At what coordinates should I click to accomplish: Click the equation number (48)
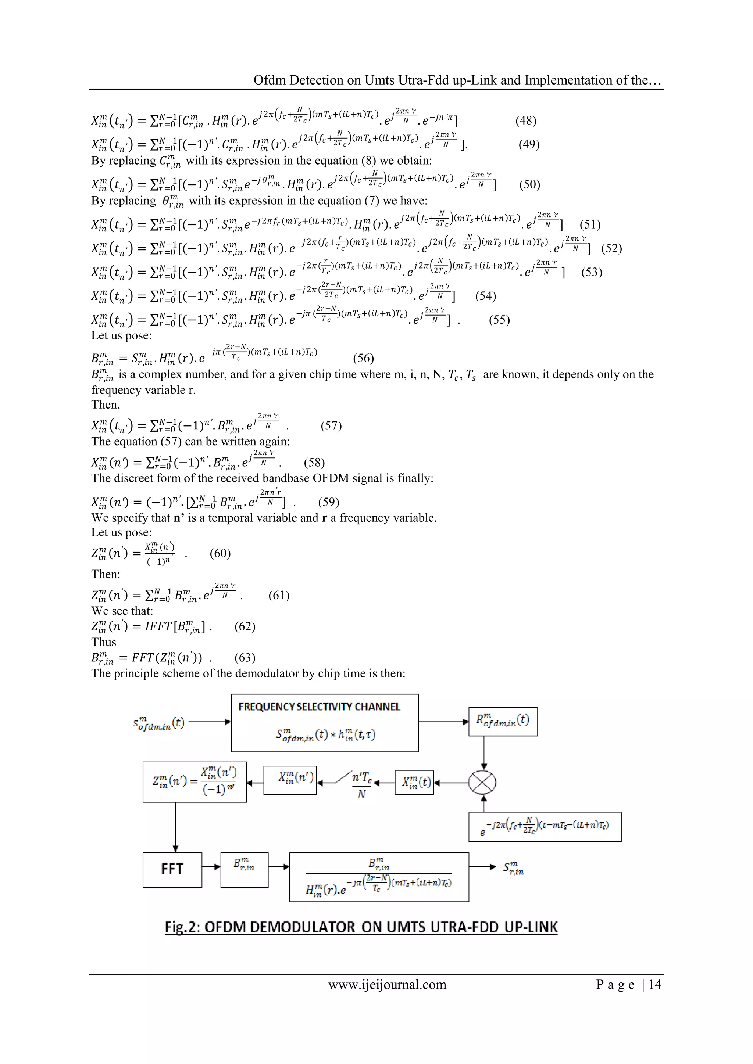(x=526, y=121)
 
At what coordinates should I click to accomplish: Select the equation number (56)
(x=364, y=358)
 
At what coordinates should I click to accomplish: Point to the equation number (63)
(x=245, y=658)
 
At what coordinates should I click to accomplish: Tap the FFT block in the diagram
(x=172, y=869)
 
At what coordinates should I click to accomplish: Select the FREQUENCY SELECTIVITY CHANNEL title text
(x=319, y=707)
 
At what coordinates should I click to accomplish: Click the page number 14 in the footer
(x=655, y=984)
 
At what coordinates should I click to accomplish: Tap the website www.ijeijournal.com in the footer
(x=387, y=984)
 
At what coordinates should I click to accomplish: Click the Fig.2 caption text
(x=361, y=927)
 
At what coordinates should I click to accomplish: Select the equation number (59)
(x=329, y=502)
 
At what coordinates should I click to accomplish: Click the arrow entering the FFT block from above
(x=175, y=844)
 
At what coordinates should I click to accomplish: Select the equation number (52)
(x=611, y=248)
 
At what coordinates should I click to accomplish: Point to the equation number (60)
(x=220, y=553)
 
